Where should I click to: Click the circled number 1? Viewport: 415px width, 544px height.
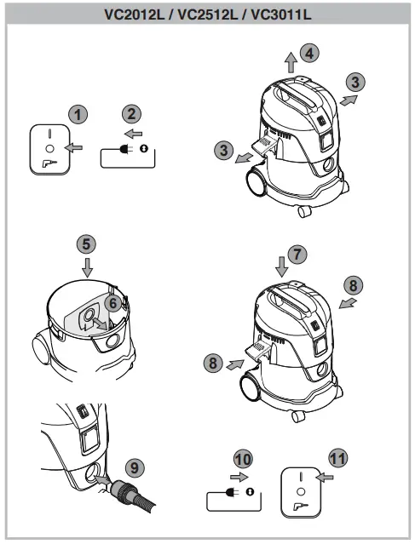point(78,114)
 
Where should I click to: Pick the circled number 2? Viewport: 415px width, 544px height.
point(130,114)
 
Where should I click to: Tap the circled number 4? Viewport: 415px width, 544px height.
point(310,53)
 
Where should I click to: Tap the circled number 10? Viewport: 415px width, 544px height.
point(243,459)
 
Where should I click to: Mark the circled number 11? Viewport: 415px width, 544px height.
point(338,458)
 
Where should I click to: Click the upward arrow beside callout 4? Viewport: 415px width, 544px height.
point(291,62)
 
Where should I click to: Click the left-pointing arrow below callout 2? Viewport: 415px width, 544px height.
point(132,134)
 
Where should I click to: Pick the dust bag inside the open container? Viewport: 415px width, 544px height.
point(87,319)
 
